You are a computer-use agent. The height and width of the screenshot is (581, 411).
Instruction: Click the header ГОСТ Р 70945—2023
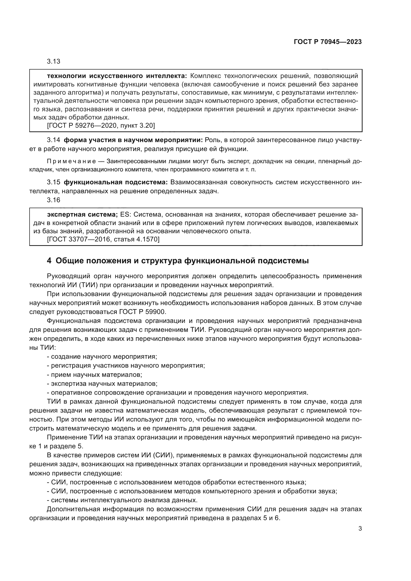[328, 42]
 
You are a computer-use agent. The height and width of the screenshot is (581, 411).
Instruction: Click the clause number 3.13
[53, 62]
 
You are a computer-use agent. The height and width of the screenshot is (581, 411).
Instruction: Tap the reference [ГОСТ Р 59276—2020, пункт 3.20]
[101, 125]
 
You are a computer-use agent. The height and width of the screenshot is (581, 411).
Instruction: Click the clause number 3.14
[53, 140]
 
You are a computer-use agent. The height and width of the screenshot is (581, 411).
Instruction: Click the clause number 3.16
[53, 200]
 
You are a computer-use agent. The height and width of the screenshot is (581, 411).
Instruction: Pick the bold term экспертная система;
[82, 215]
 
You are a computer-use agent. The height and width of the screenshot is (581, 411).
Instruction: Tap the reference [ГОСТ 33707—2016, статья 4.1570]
[103, 239]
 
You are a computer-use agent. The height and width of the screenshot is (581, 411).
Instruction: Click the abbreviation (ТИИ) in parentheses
[88, 285]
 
